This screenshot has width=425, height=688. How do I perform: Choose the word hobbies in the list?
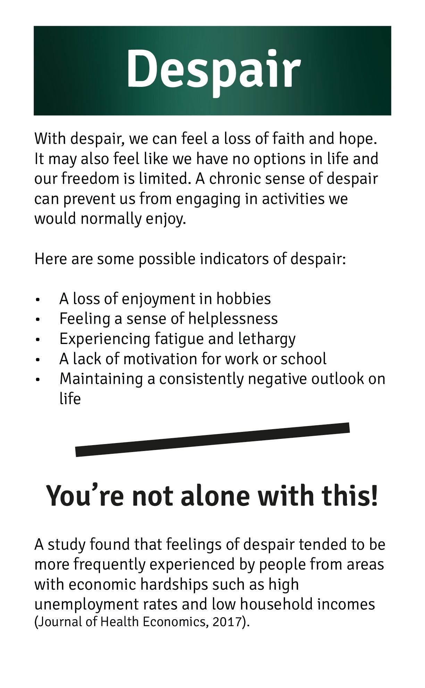coord(243,299)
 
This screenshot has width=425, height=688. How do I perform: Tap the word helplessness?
coord(233,319)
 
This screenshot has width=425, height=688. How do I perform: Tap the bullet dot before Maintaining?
coord(38,379)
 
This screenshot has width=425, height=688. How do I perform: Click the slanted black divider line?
coord(212,440)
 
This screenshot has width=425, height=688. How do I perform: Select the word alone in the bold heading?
coord(215,496)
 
